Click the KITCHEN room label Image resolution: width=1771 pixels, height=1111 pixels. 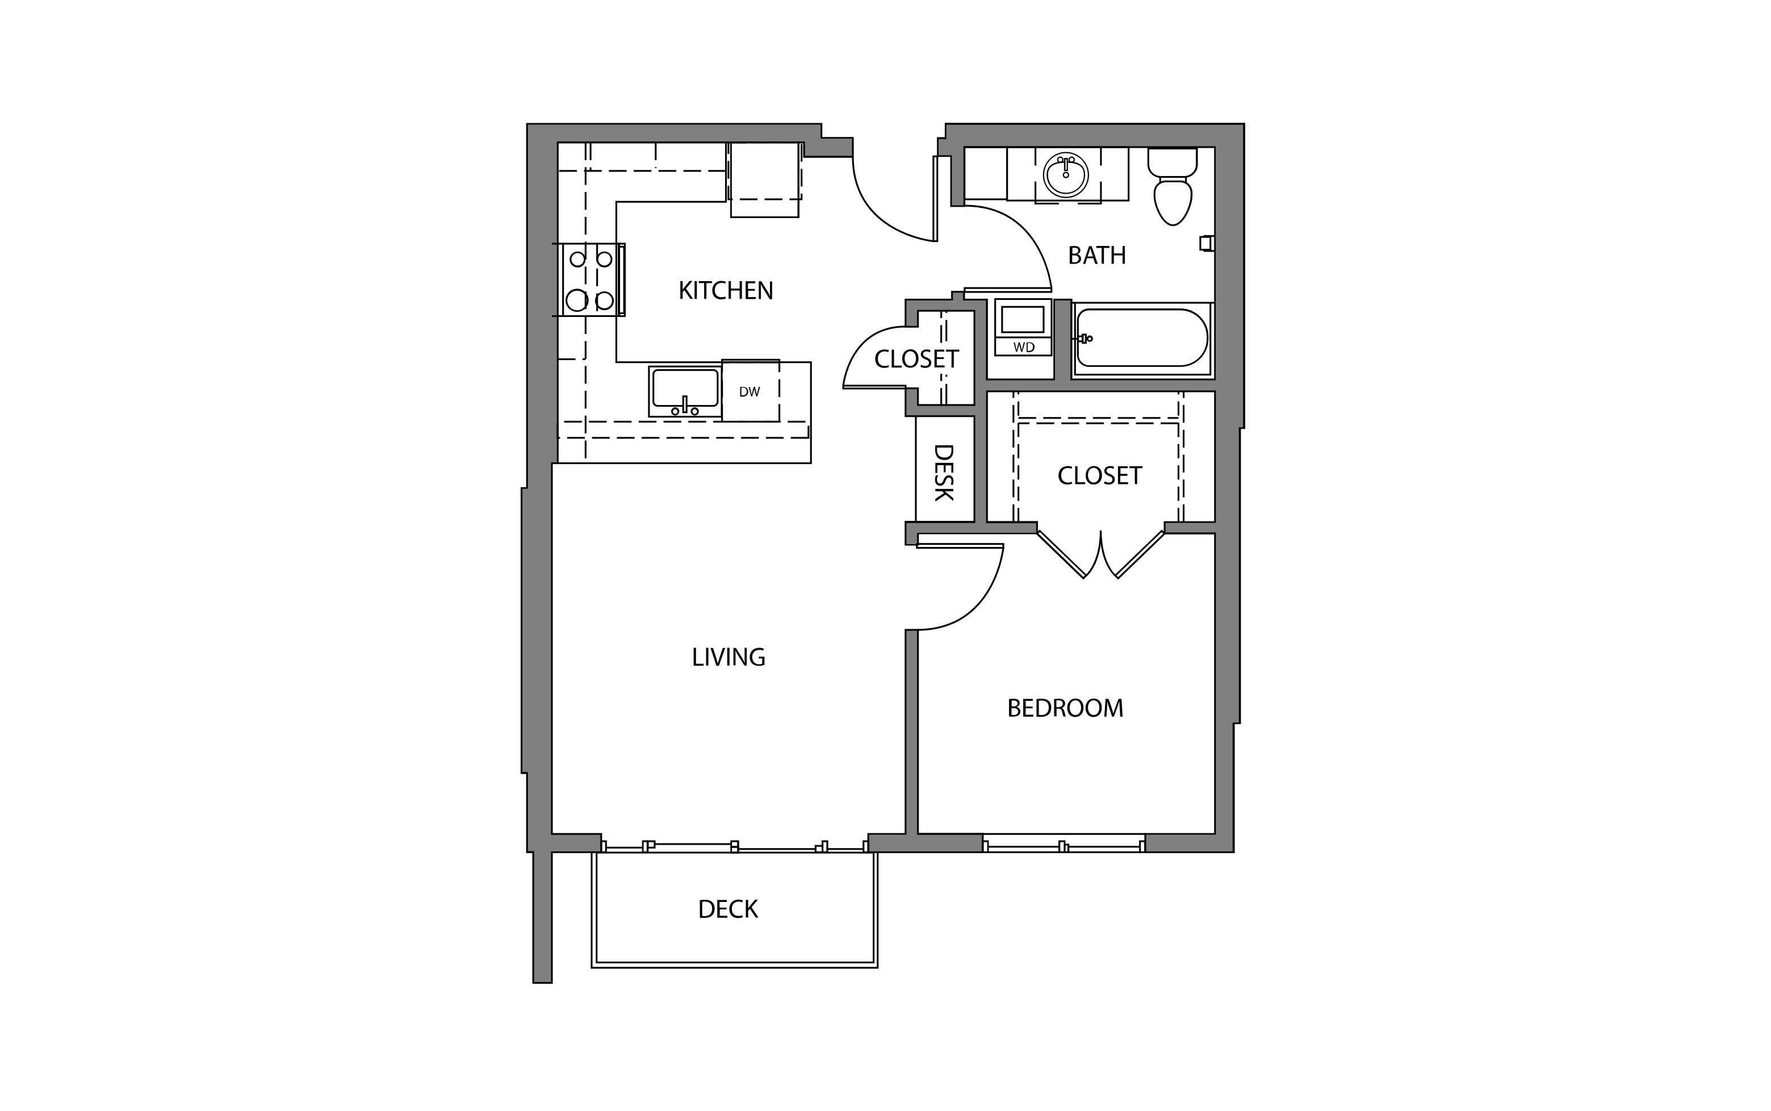point(726,291)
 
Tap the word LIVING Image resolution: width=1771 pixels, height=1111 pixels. point(729,657)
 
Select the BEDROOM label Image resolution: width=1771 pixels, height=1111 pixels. point(1065,708)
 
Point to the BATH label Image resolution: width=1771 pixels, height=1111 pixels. point(1096,256)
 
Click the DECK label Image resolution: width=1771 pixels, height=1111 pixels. point(728,910)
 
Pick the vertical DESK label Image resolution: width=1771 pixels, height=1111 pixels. point(944,473)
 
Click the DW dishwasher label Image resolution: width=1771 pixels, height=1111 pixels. point(750,392)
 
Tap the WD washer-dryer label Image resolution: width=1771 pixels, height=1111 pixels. point(1023,348)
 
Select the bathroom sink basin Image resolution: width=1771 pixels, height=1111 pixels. point(1065,175)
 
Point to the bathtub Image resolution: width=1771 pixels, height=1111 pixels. point(1141,339)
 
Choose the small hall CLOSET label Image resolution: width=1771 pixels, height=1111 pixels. point(916,360)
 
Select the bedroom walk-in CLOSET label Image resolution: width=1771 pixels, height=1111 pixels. point(1100,476)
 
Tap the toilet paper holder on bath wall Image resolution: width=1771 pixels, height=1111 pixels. point(1205,243)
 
